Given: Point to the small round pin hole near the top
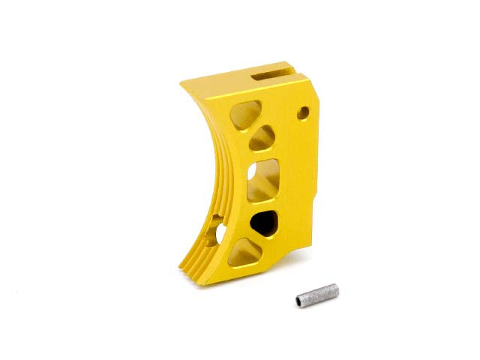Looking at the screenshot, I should [x=303, y=113].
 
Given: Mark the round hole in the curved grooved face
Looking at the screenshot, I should [x=217, y=229].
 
